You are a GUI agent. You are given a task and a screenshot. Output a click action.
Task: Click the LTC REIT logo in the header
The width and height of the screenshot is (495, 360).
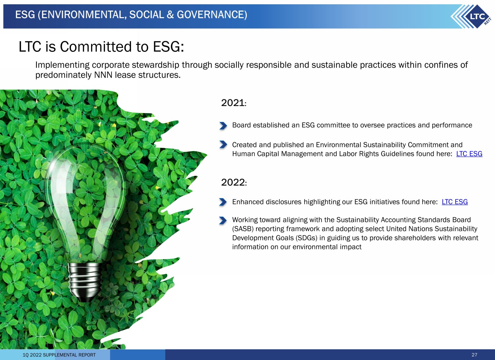point(472,16)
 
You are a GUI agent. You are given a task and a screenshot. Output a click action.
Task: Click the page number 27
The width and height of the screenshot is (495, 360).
point(474,355)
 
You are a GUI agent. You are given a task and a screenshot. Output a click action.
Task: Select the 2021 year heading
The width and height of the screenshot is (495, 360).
point(233,103)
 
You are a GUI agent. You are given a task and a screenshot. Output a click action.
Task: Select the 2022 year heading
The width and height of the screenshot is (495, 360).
point(234,182)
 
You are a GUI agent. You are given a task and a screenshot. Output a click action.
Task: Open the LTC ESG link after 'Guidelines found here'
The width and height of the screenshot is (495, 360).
point(469,153)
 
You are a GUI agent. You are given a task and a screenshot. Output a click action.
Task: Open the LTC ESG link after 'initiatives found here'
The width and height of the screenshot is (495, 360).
point(454,202)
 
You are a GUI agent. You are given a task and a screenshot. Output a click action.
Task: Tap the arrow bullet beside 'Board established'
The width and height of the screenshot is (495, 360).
point(223,125)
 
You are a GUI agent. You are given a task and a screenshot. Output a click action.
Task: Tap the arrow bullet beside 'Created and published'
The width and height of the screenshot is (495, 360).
point(223,145)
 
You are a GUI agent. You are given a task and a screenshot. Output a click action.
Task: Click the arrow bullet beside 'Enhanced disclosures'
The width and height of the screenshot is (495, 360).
point(223,202)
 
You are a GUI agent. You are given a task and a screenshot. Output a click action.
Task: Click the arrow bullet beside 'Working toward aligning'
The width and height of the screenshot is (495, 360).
point(223,220)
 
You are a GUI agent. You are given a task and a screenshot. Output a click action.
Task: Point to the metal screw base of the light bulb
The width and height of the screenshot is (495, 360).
point(84,282)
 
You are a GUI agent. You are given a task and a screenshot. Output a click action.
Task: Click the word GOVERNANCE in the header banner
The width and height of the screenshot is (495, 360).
point(212,15)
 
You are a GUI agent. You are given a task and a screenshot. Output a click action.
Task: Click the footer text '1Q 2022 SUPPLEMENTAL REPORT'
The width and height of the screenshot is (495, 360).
point(59,355)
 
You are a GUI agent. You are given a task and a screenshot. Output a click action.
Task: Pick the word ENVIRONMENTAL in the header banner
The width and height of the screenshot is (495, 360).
point(84,15)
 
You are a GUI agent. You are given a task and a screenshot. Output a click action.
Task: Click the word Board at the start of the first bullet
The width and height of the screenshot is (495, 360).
point(241,125)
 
